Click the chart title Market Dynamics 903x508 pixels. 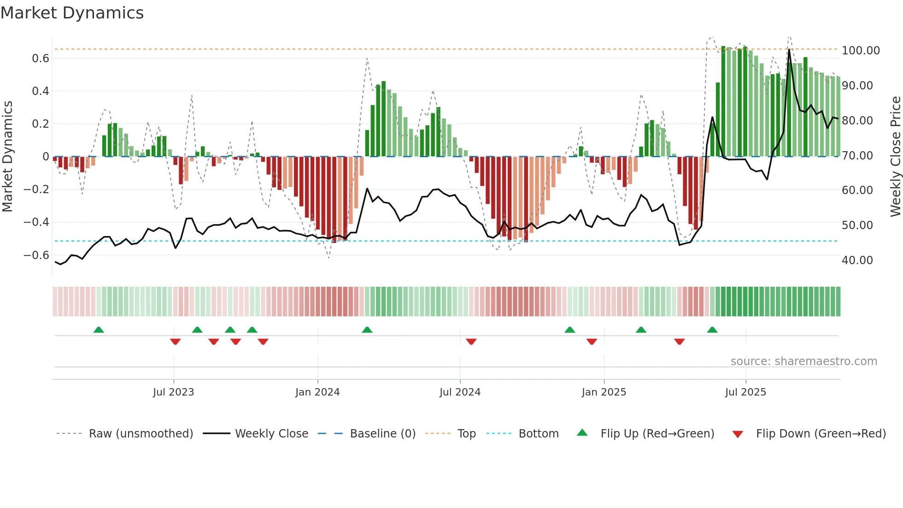pyautogui.click(x=72, y=13)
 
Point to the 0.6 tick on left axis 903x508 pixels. pyautogui.click(x=40, y=58)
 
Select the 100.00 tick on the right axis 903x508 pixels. pyautogui.click(x=861, y=51)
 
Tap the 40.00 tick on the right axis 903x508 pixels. pyautogui.click(x=857, y=260)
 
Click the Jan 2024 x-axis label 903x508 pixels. pyautogui.click(x=317, y=392)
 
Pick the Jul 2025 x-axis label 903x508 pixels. pyautogui.click(x=745, y=392)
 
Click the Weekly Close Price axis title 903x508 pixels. pyautogui.click(x=895, y=156)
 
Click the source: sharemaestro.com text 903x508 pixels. pyautogui.click(x=803, y=361)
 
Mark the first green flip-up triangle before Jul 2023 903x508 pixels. pyautogui.click(x=99, y=330)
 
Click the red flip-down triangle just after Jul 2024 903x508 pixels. pyautogui.click(x=471, y=342)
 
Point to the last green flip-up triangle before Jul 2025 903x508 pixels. pyautogui.click(x=712, y=330)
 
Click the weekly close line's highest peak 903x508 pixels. pyautogui.click(x=789, y=49)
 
